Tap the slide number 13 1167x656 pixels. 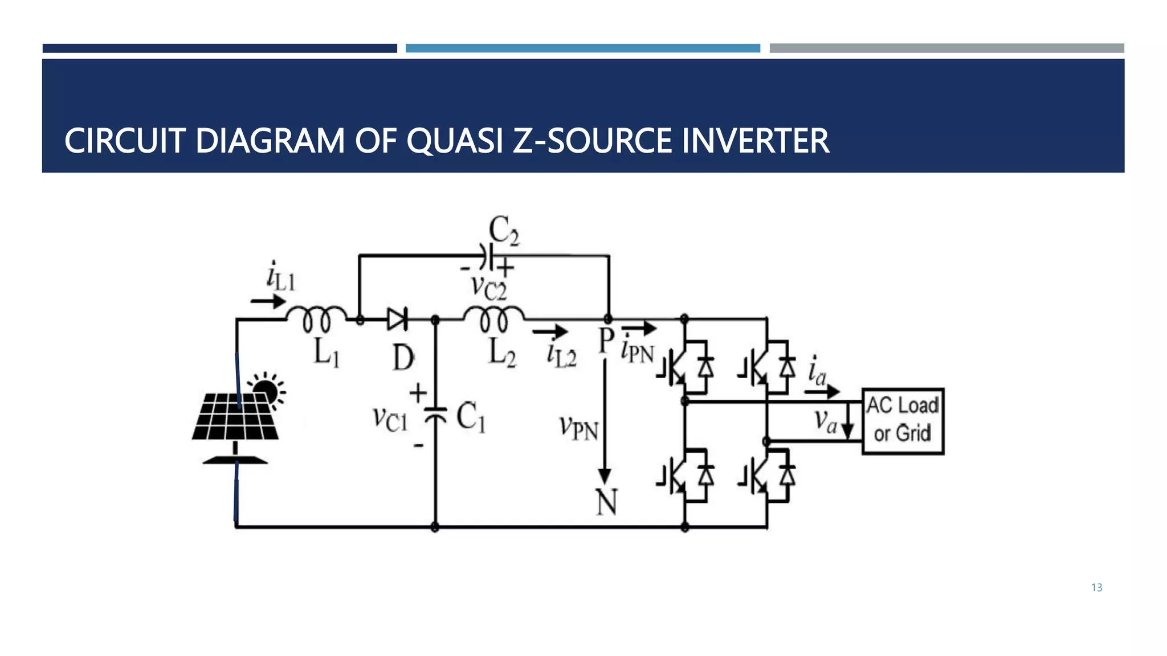pyautogui.click(x=1096, y=588)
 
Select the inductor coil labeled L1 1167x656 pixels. pyautogui.click(x=316, y=319)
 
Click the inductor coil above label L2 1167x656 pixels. pyautogui.click(x=493, y=319)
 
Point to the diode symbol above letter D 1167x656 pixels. pyautogui.click(x=397, y=319)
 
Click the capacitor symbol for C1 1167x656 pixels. pyautogui.click(x=436, y=414)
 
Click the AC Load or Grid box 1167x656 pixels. pyautogui.click(x=903, y=421)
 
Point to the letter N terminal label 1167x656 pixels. pyautogui.click(x=606, y=502)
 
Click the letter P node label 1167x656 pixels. pyautogui.click(x=606, y=341)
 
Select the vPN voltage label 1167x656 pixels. pyautogui.click(x=578, y=428)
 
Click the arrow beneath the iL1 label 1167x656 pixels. pyautogui.click(x=268, y=301)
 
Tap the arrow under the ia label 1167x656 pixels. pyautogui.click(x=822, y=391)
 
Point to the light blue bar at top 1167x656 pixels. pyautogui.click(x=582, y=48)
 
